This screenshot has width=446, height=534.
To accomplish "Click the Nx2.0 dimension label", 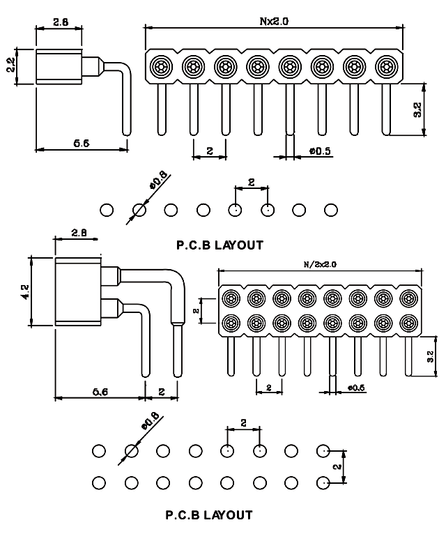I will tap(274, 21).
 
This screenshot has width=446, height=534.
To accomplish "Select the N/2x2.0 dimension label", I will tap(321, 265).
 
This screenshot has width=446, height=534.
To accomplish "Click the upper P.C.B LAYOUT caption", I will tap(220, 245).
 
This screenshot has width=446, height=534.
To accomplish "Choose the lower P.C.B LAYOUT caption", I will tap(209, 516).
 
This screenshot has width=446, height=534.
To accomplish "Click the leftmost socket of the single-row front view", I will tap(160, 67).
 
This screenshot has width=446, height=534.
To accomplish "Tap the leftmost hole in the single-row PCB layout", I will tap(107, 209).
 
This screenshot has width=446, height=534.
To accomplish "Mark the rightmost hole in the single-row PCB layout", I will tap(331, 209).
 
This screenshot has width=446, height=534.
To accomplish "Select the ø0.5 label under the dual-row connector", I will tap(355, 388).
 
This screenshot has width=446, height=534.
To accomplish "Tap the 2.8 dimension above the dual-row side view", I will tap(79, 234).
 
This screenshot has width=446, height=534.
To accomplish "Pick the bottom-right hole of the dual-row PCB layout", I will tap(323, 482).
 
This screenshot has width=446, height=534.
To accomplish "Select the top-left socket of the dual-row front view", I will tap(232, 298).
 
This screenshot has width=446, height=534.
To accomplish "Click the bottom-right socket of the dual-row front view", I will tap(408, 323).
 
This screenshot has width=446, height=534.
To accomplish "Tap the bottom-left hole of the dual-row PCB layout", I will tap(99, 482).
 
